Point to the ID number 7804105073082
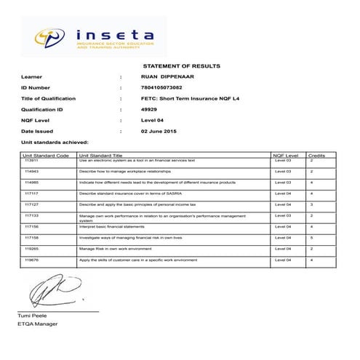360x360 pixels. point(162,87)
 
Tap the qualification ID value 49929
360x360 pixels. point(148,109)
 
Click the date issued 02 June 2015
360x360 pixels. point(159,131)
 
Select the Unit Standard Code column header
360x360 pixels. point(46,156)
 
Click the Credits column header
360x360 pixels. point(317,156)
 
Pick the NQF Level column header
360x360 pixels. point(285,156)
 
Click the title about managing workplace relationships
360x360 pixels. point(124,172)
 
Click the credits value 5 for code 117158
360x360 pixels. point(311,237)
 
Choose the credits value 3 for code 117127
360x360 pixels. point(311,205)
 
